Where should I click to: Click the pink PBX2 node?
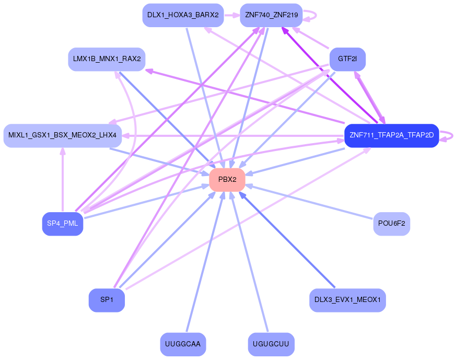(x=227, y=180)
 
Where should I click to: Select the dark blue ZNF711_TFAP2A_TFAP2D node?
(x=391, y=135)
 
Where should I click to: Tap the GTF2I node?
(x=347, y=59)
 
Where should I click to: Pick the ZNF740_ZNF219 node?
(x=271, y=15)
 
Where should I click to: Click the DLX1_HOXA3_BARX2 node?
(x=183, y=15)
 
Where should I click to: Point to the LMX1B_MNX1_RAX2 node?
(x=107, y=59)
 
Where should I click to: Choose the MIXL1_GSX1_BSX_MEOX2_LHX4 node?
(x=62, y=135)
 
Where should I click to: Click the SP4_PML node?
(x=63, y=224)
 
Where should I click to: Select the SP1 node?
(x=107, y=300)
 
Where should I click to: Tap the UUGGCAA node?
(x=183, y=344)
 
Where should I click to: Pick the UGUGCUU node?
(x=271, y=344)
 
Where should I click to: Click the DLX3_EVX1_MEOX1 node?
(x=347, y=300)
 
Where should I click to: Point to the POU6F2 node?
(x=391, y=224)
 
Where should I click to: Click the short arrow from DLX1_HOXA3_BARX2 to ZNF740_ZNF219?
(x=232, y=15)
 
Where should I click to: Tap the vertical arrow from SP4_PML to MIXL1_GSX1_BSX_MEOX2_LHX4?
(x=62, y=179)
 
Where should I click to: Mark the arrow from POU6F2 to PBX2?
(x=309, y=202)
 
